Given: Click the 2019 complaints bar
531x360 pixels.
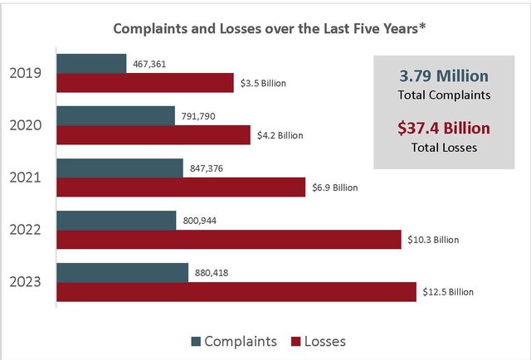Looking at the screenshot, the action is tap(91, 64).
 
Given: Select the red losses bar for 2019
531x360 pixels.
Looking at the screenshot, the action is tap(145, 83).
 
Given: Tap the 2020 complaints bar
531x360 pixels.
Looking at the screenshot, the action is tap(116, 116).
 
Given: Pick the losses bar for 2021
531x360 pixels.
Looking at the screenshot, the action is tap(181, 187).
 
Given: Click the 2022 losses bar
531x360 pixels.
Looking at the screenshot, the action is tap(229, 240).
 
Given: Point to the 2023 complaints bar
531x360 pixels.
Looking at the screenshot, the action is tap(122, 273).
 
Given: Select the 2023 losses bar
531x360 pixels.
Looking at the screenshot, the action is tap(236, 292).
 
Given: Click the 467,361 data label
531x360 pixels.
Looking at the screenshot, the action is tap(149, 64).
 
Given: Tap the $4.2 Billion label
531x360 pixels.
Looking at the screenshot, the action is tap(280, 135).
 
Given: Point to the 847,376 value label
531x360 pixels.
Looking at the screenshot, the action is tap(207, 168).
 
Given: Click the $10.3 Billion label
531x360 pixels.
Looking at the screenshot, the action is tap(433, 240).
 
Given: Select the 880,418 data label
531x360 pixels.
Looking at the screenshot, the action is tap(212, 273).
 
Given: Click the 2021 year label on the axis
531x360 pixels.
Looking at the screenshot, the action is tap(26, 178).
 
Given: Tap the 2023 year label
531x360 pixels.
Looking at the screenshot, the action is tap(26, 282).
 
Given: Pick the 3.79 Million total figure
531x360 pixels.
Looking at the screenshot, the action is tap(444, 75).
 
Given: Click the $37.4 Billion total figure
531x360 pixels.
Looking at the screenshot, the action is tap(444, 128).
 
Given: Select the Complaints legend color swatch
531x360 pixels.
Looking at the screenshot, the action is tap(196, 342).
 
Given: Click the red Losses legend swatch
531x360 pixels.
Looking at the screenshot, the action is tap(296, 342).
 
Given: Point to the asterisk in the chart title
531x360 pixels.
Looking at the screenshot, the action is tap(422, 26).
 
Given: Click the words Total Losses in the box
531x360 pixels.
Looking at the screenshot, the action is tap(444, 148).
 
